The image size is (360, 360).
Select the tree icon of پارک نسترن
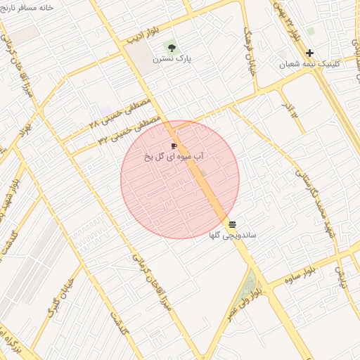pyautogui.click(x=171, y=47)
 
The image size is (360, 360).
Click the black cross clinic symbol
pyautogui.click(x=309, y=53)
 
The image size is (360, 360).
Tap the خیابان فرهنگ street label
pyautogui.click(x=250, y=53)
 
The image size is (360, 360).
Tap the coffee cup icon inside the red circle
pyautogui.click(x=174, y=146)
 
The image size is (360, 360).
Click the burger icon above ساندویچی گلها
pyautogui.click(x=233, y=224)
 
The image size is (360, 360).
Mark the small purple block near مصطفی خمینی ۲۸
pyautogui.click(x=105, y=111)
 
